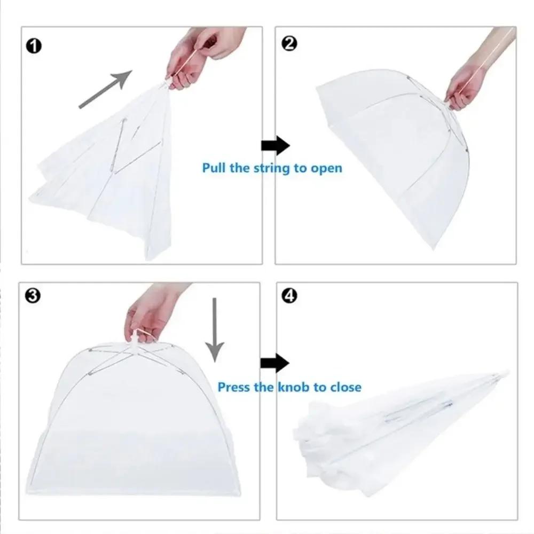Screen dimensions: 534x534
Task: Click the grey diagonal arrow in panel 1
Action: (105, 89)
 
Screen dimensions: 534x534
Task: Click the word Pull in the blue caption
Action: (214, 168)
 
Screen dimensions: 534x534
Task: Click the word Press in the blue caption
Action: (234, 387)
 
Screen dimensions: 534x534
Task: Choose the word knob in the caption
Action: (293, 387)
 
